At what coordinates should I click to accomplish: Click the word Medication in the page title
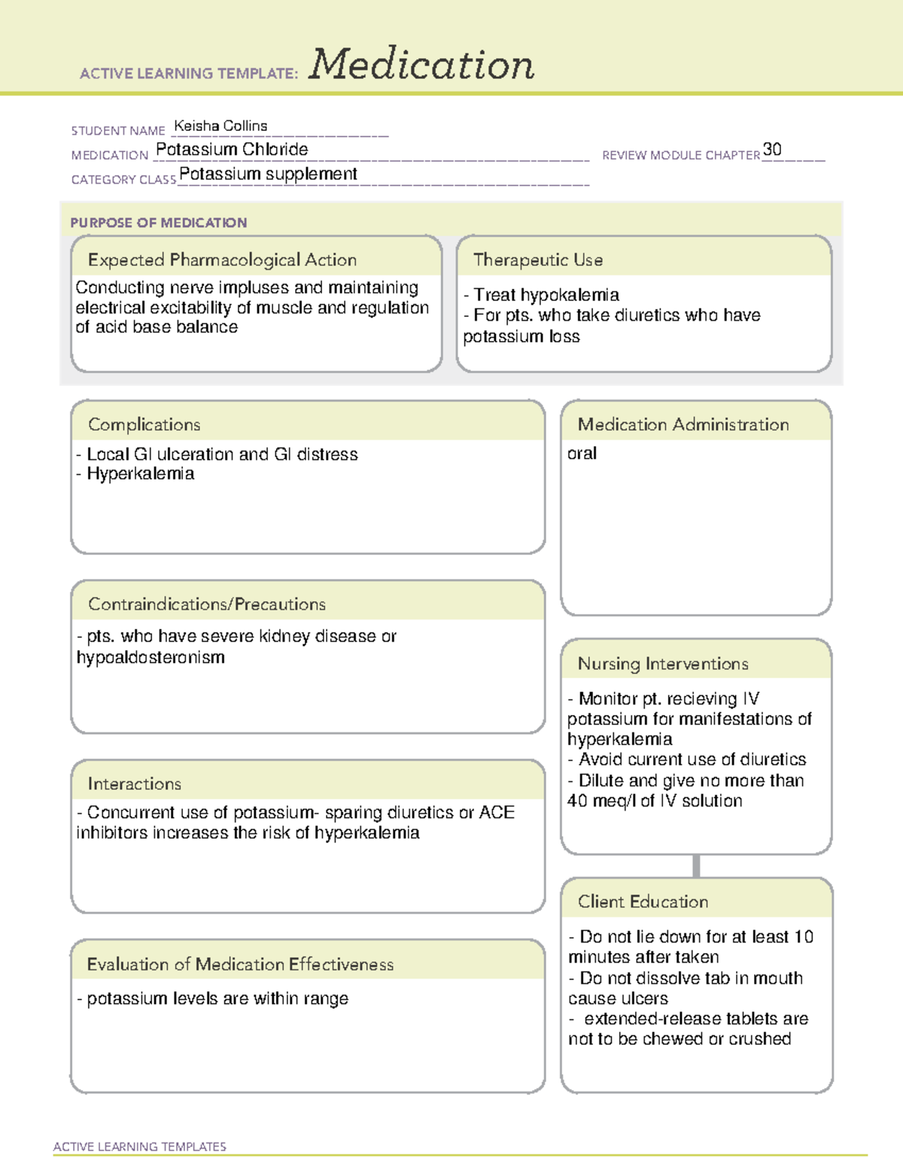coord(421,65)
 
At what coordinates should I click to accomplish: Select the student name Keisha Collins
coord(220,126)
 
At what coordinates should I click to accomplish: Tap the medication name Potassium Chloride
coord(232,149)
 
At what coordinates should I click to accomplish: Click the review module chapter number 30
coord(772,149)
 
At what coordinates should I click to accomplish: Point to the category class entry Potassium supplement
coord(268,174)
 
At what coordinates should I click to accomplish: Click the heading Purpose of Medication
coord(159,223)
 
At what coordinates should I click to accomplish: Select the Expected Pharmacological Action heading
coord(222,260)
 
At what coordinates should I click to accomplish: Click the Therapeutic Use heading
coord(538,260)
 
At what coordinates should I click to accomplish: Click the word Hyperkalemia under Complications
coord(141,473)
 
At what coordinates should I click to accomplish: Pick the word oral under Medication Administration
coord(582,453)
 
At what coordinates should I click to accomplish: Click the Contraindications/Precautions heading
coord(207,604)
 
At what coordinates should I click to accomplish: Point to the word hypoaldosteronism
coord(150,657)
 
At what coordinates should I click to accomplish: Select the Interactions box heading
coord(135,784)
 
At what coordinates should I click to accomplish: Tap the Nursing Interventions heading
coord(663,663)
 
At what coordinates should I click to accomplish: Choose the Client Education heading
coord(643,901)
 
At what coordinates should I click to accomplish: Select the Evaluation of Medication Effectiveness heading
coord(240,964)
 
